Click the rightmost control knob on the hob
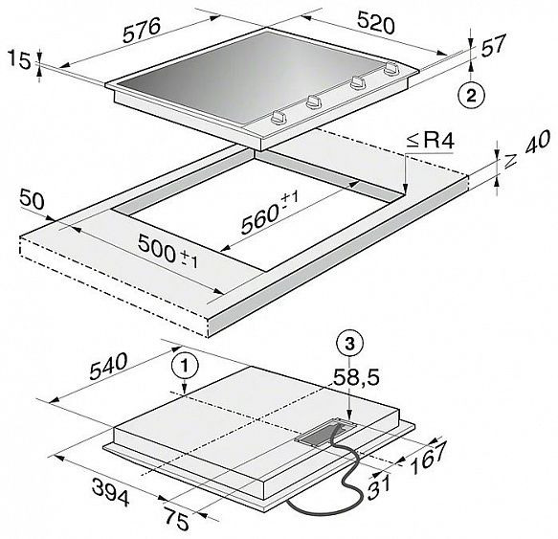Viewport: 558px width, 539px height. [x=391, y=68]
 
